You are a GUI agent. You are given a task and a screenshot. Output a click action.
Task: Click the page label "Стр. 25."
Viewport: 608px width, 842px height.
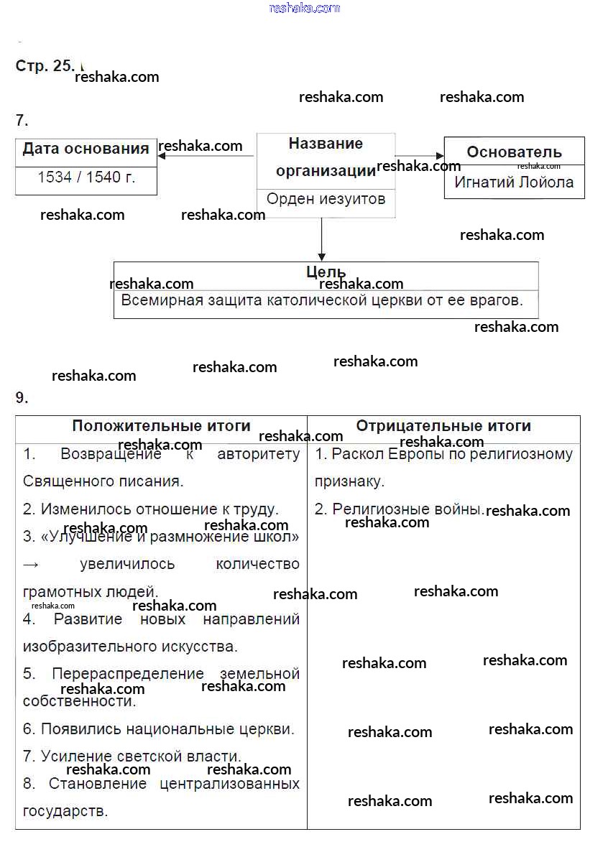pyautogui.click(x=44, y=66)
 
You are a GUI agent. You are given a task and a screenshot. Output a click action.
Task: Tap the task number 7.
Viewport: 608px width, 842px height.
pyautogui.click(x=22, y=120)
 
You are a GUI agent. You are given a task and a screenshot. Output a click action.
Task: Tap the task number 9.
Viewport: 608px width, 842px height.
pyautogui.click(x=22, y=397)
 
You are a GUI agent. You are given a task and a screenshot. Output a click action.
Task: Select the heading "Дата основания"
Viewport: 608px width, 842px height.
pyautogui.click(x=86, y=149)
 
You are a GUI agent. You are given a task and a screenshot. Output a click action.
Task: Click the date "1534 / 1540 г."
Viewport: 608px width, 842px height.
pyautogui.click(x=86, y=177)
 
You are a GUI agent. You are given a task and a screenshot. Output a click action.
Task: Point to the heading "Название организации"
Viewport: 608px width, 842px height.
pyautogui.click(x=326, y=157)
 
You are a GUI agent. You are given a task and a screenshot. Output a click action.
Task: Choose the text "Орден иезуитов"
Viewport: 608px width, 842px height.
pyautogui.click(x=326, y=199)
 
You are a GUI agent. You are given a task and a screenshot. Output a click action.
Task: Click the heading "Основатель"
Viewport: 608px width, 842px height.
pyautogui.click(x=514, y=152)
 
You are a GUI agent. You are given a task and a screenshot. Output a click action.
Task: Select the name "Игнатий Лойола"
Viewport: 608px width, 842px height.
pyautogui.click(x=514, y=182)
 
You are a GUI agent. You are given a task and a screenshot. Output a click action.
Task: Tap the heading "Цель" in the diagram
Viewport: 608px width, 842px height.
pyautogui.click(x=326, y=272)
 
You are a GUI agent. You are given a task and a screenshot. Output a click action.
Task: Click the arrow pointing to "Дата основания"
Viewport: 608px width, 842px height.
pyautogui.click(x=205, y=156)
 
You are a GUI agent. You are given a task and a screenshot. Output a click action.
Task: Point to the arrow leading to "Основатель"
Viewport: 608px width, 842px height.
pyautogui.click(x=420, y=155)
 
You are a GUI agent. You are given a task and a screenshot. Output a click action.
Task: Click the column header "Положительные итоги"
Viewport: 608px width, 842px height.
pyautogui.click(x=161, y=426)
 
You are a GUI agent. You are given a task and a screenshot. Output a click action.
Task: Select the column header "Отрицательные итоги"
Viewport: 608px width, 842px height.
pyautogui.click(x=443, y=426)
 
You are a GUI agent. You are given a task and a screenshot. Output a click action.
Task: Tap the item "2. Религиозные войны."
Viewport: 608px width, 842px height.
pyautogui.click(x=398, y=509)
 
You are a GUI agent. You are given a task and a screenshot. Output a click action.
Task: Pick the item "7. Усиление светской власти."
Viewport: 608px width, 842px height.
pyautogui.click(x=132, y=756)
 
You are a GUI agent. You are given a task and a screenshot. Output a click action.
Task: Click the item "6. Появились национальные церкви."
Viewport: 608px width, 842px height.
pyautogui.click(x=158, y=729)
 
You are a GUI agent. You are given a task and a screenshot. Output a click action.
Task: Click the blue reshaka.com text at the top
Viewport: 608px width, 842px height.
pyautogui.click(x=304, y=8)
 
